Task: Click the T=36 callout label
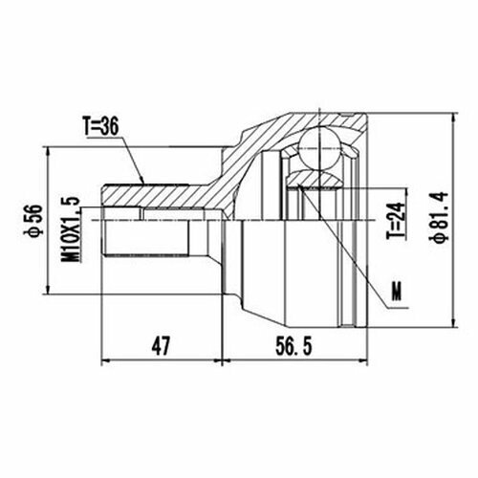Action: point(100,126)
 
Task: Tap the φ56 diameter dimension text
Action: point(35,220)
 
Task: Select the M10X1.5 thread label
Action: point(70,229)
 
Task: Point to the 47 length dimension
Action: point(160,346)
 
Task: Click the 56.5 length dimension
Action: point(293,346)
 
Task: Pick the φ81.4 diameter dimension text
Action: point(441,217)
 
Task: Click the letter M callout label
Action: point(397,291)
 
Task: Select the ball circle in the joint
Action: point(319,147)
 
